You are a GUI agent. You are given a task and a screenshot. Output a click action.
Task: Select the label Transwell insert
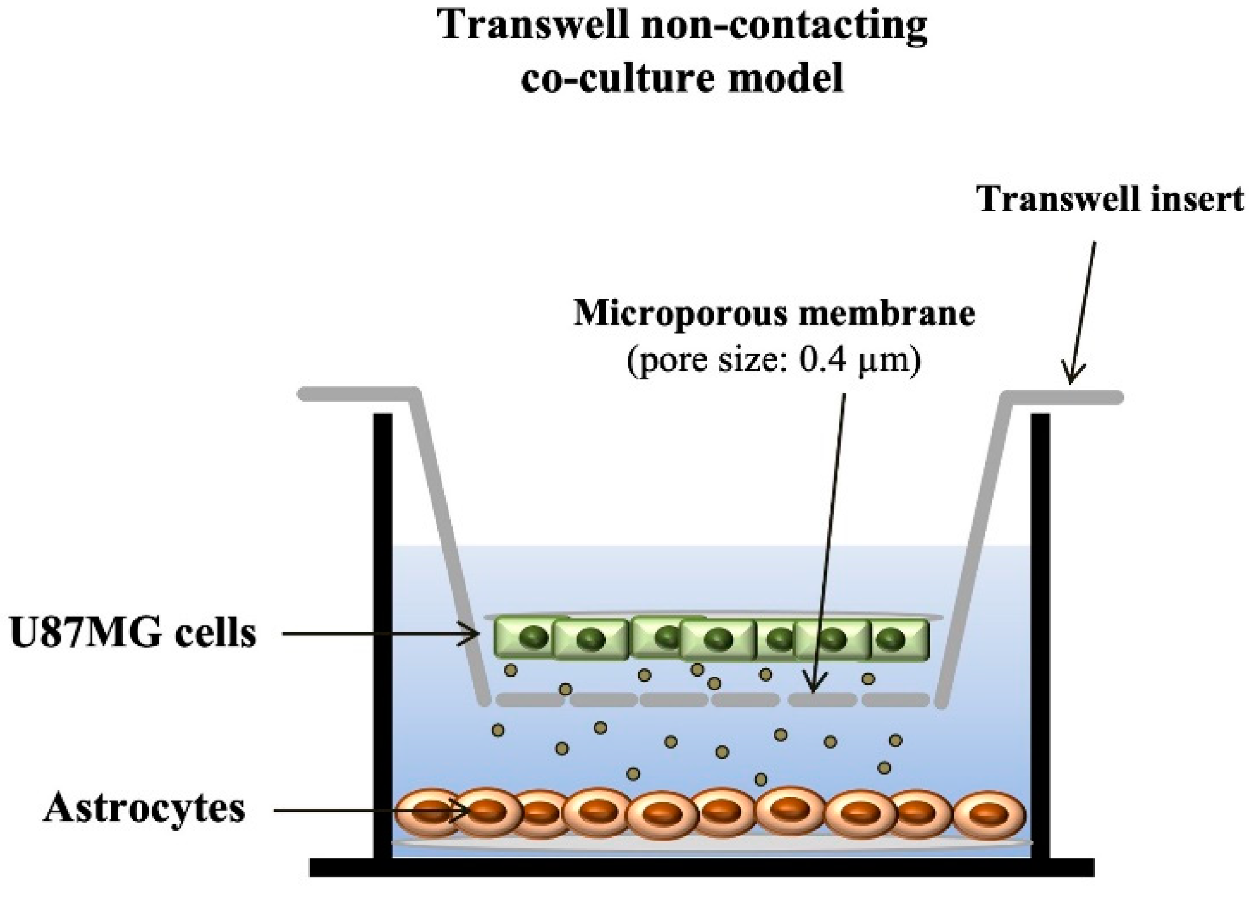1110,200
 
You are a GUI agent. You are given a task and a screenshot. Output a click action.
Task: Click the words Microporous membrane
774,313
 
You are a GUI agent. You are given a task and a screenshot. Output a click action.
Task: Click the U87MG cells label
133,633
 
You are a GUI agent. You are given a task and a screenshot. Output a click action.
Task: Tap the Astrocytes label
144,808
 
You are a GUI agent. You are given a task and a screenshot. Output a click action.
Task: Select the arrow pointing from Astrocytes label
371,811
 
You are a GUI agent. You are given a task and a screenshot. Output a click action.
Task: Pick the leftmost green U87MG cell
524,638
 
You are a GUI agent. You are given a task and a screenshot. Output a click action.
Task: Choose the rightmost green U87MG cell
899,639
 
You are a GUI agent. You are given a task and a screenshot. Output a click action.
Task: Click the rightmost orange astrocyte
989,815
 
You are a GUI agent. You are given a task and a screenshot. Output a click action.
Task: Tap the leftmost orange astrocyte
429,812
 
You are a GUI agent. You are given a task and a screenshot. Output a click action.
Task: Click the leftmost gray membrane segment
529,699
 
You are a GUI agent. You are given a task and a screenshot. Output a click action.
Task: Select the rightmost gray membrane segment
895,699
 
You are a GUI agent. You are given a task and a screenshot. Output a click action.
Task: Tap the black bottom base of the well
702,868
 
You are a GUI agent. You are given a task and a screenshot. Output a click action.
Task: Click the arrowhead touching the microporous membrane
814,686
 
